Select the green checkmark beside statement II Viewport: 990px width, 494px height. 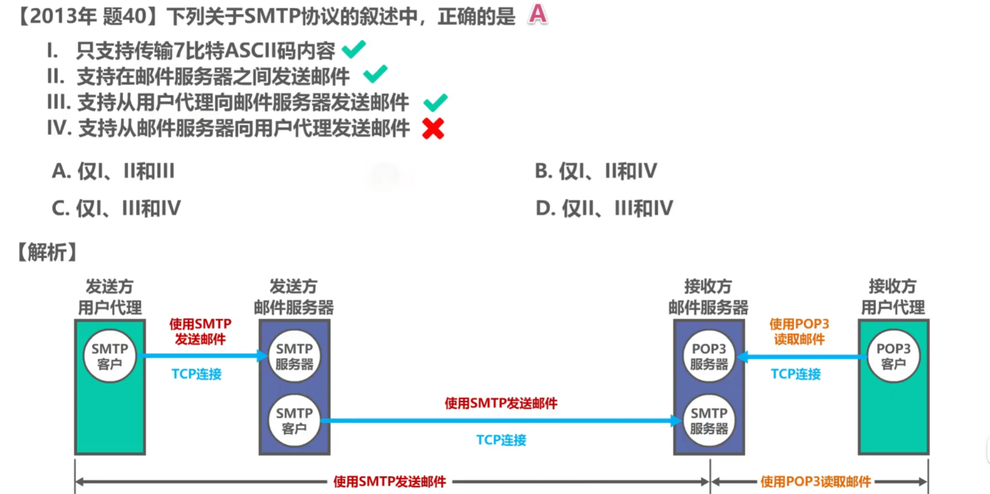pyautogui.click(x=375, y=74)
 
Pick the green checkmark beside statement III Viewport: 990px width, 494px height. pyautogui.click(x=435, y=102)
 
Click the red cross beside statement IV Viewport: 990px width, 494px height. pyautogui.click(x=433, y=128)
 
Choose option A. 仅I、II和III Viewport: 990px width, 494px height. pyautogui.click(x=113, y=171)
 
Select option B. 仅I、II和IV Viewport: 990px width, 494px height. pyautogui.click(x=596, y=171)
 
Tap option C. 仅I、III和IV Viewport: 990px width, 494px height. pyautogui.click(x=116, y=208)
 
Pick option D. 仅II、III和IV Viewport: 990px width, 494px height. pyautogui.click(x=604, y=208)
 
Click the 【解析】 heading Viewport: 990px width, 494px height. pyautogui.click(x=47, y=252)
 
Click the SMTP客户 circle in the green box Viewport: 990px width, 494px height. pyautogui.click(x=110, y=356)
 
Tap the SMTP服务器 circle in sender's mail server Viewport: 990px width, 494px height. pyautogui.click(x=294, y=356)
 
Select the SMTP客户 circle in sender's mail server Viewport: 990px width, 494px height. pyautogui.click(x=294, y=421)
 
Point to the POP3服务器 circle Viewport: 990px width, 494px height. pyautogui.click(x=709, y=356)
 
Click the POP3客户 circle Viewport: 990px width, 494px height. pyautogui.click(x=893, y=356)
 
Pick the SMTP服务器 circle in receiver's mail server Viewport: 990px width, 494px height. pyautogui.click(x=709, y=421)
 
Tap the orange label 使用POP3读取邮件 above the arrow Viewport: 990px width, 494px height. pyautogui.click(x=799, y=331)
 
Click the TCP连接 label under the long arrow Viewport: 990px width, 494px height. pyautogui.click(x=501, y=440)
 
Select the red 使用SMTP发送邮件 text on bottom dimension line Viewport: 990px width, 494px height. pyautogui.click(x=389, y=481)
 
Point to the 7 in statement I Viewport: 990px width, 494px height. pyautogui.click(x=179, y=51)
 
